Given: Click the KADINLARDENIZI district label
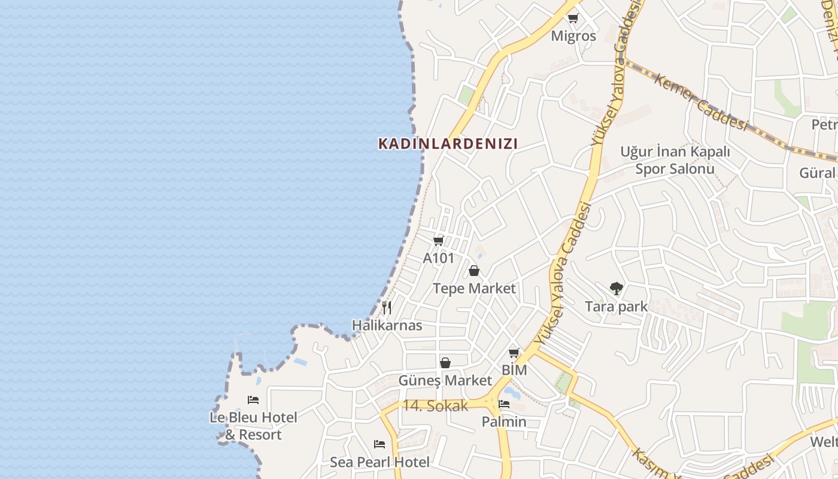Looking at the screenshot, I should [x=448, y=144].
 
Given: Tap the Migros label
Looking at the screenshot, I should [x=573, y=36].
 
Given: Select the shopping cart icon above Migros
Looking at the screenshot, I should [x=573, y=19].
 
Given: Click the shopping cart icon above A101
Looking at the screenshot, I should [x=438, y=241].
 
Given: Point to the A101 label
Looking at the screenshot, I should [x=438, y=258].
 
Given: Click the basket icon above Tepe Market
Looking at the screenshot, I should [x=474, y=271].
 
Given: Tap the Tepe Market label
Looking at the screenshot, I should [x=474, y=289].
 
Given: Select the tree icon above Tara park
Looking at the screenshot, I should [x=616, y=289].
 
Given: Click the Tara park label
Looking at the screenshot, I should [x=616, y=307].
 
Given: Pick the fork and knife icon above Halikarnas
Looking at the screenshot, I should [x=387, y=308].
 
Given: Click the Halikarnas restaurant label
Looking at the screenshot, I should [x=387, y=326].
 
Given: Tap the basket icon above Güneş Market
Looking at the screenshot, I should [x=445, y=363].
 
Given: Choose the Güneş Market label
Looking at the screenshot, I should [x=445, y=381].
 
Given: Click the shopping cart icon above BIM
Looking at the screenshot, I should [x=514, y=353].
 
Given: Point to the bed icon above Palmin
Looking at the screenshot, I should [x=504, y=404].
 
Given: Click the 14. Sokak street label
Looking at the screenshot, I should [x=435, y=405].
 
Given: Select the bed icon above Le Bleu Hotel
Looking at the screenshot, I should [x=253, y=399].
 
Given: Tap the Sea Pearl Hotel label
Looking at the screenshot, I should [x=379, y=462].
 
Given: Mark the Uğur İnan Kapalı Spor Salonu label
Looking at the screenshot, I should [x=675, y=160].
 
